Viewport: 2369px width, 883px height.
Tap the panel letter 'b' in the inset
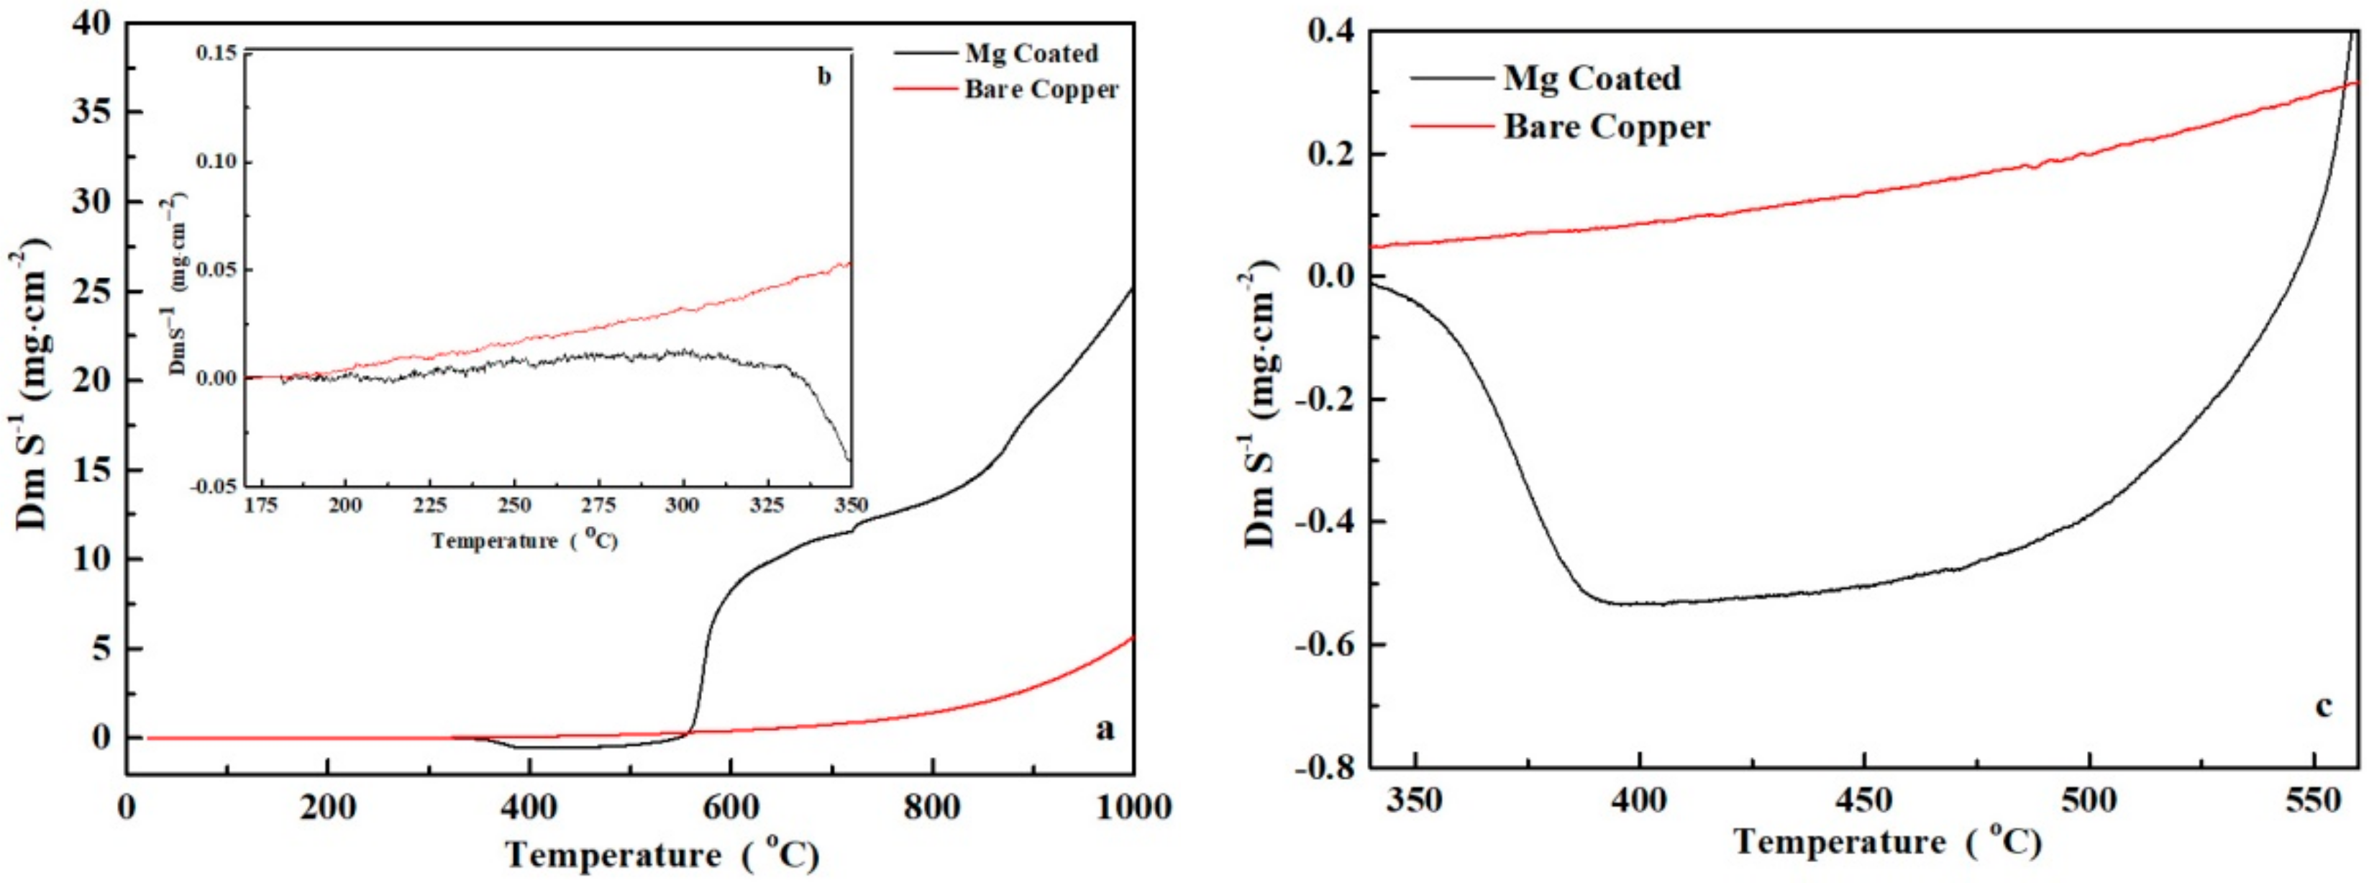(824, 76)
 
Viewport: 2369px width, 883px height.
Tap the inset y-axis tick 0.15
(216, 53)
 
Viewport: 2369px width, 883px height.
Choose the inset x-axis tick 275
(598, 506)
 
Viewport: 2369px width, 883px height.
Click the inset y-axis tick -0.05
(214, 486)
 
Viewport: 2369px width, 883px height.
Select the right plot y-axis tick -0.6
(1325, 645)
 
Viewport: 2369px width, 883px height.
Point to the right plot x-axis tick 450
(1864, 800)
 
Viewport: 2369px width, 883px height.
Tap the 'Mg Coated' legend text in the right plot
(1592, 78)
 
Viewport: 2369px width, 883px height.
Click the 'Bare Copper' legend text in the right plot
(1607, 127)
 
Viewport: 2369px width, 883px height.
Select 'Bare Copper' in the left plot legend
(1041, 89)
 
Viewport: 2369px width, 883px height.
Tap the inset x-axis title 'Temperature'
(495, 541)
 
